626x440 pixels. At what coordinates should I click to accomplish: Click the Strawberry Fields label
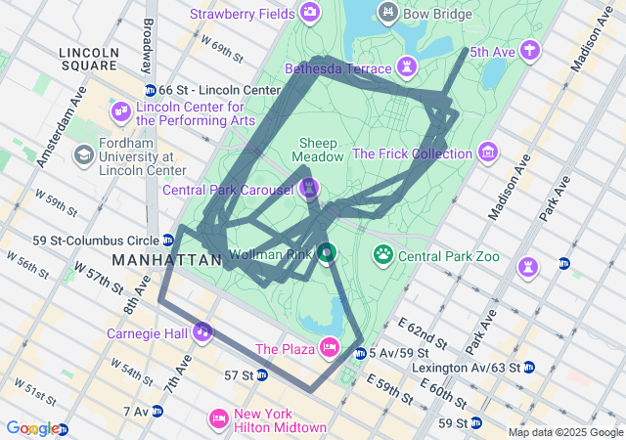pyautogui.click(x=243, y=14)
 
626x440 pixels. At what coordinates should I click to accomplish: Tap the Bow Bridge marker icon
pyautogui.click(x=388, y=12)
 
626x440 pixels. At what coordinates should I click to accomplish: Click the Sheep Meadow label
pyautogui.click(x=322, y=150)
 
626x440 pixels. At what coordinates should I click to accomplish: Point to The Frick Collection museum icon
pyautogui.click(x=487, y=153)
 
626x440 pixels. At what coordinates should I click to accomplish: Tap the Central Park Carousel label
pyautogui.click(x=229, y=189)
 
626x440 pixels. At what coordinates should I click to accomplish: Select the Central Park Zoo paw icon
pyautogui.click(x=383, y=255)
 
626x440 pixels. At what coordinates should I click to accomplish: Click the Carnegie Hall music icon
pyautogui.click(x=202, y=331)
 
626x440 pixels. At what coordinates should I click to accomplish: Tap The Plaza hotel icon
pyautogui.click(x=330, y=347)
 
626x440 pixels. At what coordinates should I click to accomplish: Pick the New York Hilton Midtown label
pyautogui.click(x=280, y=420)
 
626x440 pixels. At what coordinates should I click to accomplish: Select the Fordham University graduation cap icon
pyautogui.click(x=85, y=154)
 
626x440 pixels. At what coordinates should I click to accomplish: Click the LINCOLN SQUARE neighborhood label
pyautogui.click(x=88, y=59)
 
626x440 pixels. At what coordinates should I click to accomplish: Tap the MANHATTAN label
pyautogui.click(x=167, y=260)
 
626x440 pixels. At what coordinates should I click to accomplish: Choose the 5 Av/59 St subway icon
pyautogui.click(x=360, y=352)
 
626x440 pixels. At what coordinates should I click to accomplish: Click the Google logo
pyautogui.click(x=32, y=427)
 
